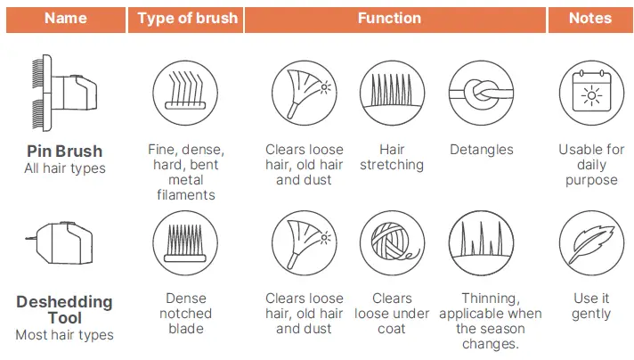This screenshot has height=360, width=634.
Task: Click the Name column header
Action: coord(66,19)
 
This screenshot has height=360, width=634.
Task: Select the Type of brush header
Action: coord(186,19)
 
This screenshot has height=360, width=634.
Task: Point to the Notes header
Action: coord(590,19)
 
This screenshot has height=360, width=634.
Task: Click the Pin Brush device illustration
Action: coord(64,93)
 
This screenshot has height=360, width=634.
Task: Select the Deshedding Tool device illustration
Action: coord(61,242)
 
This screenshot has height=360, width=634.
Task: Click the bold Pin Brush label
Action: coord(65,151)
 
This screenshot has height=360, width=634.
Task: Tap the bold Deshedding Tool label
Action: coord(65,310)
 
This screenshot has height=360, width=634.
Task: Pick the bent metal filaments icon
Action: coord(185,93)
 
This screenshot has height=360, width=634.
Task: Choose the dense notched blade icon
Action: coord(185,242)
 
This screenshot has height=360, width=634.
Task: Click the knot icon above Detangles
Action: coord(481,93)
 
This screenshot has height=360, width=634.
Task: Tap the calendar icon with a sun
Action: coord(591,93)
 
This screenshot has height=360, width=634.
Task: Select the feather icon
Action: coord(591,242)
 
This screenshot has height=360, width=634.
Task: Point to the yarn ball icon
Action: coord(392,242)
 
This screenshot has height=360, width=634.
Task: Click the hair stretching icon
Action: coord(392,93)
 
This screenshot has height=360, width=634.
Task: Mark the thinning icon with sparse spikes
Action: coord(481,242)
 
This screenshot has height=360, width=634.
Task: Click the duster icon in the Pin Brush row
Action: coord(304,93)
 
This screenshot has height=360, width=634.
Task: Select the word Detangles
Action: coord(482,150)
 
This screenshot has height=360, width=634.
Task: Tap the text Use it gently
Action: coord(591,306)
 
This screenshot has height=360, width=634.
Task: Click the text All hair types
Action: coord(65,168)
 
